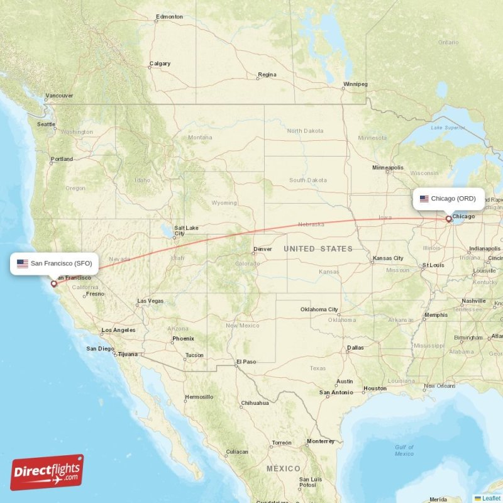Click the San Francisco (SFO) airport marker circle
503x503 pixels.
coord(53,284)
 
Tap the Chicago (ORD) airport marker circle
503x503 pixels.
coord(448,219)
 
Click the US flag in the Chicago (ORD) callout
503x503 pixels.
coord(424,199)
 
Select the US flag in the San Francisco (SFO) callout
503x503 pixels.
coord(23,263)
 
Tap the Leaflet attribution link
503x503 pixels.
coord(490,498)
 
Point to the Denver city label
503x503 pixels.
coord(262,249)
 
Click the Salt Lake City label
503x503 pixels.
coord(186,230)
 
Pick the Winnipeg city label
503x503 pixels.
coord(355,84)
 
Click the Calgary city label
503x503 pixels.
coord(160,64)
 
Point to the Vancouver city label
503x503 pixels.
coord(59,96)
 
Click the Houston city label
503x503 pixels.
coord(375,388)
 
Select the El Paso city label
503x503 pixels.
coord(246,362)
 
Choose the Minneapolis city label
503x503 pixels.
coord(388,168)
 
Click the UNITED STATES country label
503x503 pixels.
coord(318,249)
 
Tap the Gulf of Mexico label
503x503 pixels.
coord(404,450)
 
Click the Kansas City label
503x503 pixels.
coord(388,258)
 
